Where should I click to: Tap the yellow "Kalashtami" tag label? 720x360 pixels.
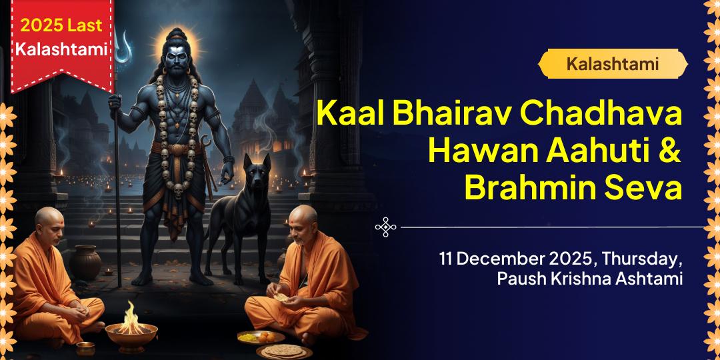[612, 64]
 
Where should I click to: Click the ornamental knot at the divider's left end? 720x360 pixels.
[386, 227]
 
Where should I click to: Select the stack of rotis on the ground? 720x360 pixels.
[284, 350]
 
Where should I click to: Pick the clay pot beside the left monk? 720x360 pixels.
[86, 263]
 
